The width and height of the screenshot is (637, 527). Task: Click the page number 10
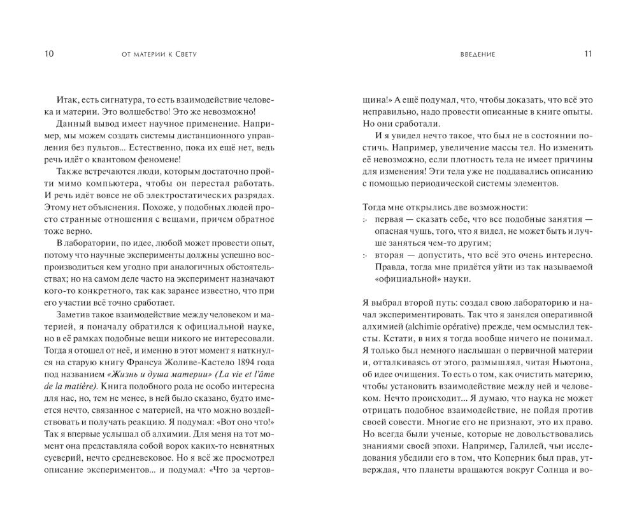pos(49,54)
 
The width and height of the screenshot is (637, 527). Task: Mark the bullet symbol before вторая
pos(365,256)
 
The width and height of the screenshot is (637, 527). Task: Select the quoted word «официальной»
pos(403,280)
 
